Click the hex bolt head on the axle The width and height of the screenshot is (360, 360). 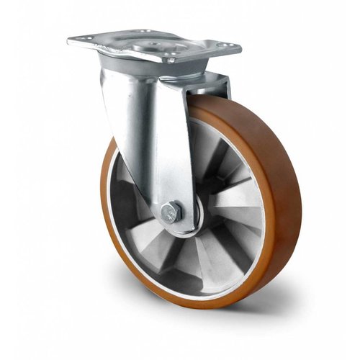[168, 212]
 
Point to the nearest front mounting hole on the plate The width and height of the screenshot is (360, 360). [171, 60]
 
